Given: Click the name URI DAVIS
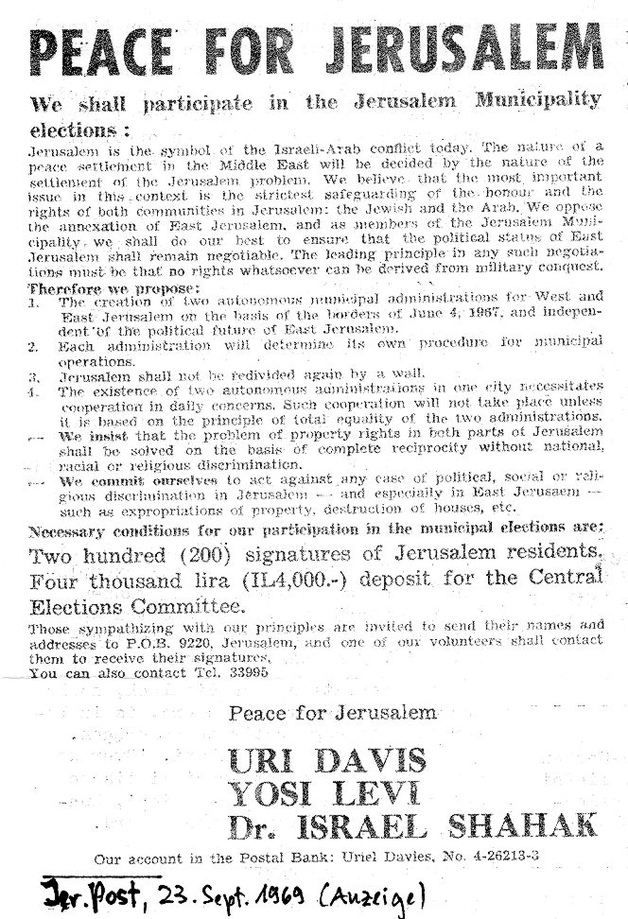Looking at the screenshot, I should tap(326, 759).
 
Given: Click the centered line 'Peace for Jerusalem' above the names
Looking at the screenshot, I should tap(331, 712).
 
